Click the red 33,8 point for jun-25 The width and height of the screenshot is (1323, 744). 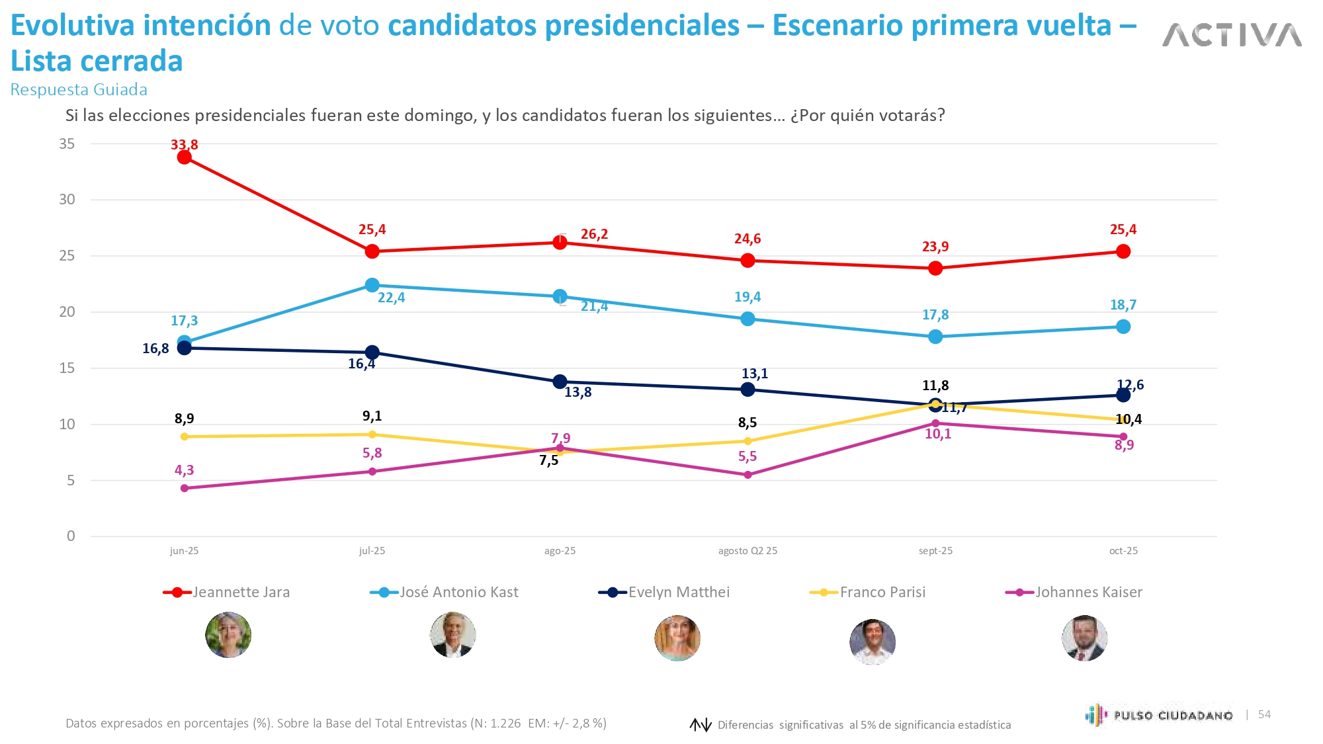pos(185,157)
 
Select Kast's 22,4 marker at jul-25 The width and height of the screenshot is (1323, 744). pos(372,285)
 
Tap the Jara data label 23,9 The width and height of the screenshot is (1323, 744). pos(935,247)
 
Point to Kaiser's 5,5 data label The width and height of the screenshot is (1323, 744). pos(747,456)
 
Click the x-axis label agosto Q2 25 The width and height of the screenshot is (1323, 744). pos(747,551)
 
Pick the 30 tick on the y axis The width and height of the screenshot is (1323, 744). pos(67,200)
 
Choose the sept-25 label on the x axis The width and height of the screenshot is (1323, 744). pos(935,551)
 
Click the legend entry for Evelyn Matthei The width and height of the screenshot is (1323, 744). pos(679,592)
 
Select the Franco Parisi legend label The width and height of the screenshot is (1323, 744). pos(882,592)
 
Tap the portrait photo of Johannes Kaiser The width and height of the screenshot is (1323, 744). pos(1084,638)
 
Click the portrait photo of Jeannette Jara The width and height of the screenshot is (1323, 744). pos(228,635)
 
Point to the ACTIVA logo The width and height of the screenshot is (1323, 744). pos(1232,35)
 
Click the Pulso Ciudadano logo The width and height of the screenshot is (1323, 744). pos(1159,715)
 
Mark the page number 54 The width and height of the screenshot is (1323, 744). pos(1264,714)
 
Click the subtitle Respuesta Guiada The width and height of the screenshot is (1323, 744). pos(79,90)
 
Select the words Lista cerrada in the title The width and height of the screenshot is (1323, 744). pos(97,61)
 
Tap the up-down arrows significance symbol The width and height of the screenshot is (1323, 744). pos(701,725)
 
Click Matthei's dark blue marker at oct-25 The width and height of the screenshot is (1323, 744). pos(1123,395)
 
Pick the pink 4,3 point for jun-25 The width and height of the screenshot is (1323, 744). pos(185,488)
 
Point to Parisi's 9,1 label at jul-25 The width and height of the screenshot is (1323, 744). pos(372,416)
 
